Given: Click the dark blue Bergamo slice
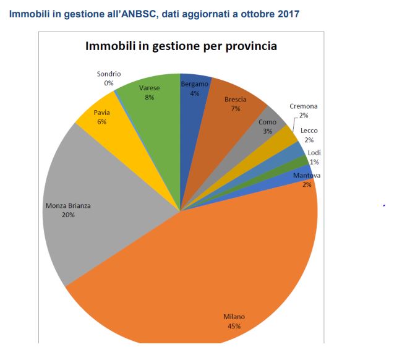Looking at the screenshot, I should pyautogui.click(x=194, y=99).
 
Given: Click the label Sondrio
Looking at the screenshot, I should pyautogui.click(x=109, y=74).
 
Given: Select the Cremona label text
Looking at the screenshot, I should pyautogui.click(x=304, y=106).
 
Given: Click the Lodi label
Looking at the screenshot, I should pyautogui.click(x=314, y=153).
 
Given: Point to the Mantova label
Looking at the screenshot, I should pyautogui.click(x=307, y=176).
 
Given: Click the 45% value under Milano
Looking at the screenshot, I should pyautogui.click(x=234, y=326).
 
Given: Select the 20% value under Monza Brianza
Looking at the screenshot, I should pyautogui.click(x=68, y=215).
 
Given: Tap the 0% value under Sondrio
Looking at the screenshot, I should pyautogui.click(x=109, y=82).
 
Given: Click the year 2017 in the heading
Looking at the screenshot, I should pyautogui.click(x=288, y=12).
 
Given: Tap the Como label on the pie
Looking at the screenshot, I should pyautogui.click(x=267, y=122).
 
